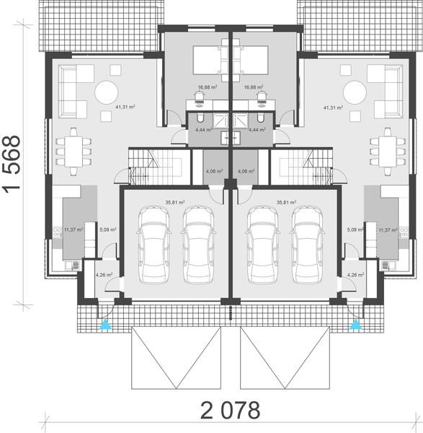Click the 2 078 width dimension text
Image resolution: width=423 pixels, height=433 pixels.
tap(230, 411)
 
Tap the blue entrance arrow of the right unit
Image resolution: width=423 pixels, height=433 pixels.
tap(354, 326)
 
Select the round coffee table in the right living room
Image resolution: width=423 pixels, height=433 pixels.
tap(354, 92)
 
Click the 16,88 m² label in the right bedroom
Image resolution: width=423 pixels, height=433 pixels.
tap(253, 88)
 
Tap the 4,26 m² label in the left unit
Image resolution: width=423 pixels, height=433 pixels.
tap(104, 274)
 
